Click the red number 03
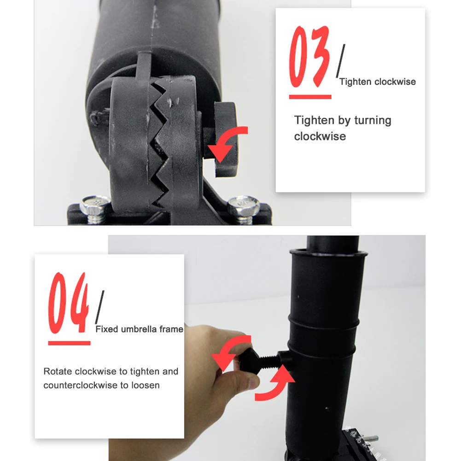tap(309, 58)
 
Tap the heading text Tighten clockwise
tap(377, 82)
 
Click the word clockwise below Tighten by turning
tap(320, 136)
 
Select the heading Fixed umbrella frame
tap(139, 329)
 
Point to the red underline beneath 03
tap(310, 97)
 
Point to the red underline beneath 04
tap(69, 343)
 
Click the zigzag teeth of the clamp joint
tap(159, 138)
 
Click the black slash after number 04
tap(99, 306)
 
